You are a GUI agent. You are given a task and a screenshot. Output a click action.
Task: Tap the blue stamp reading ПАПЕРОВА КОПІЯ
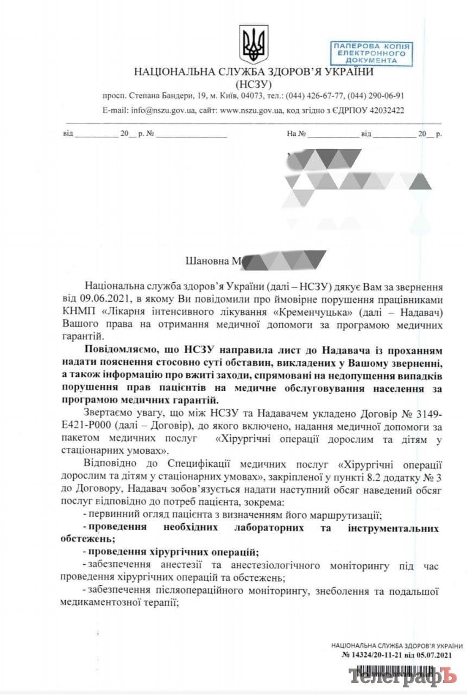pos(371,53)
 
